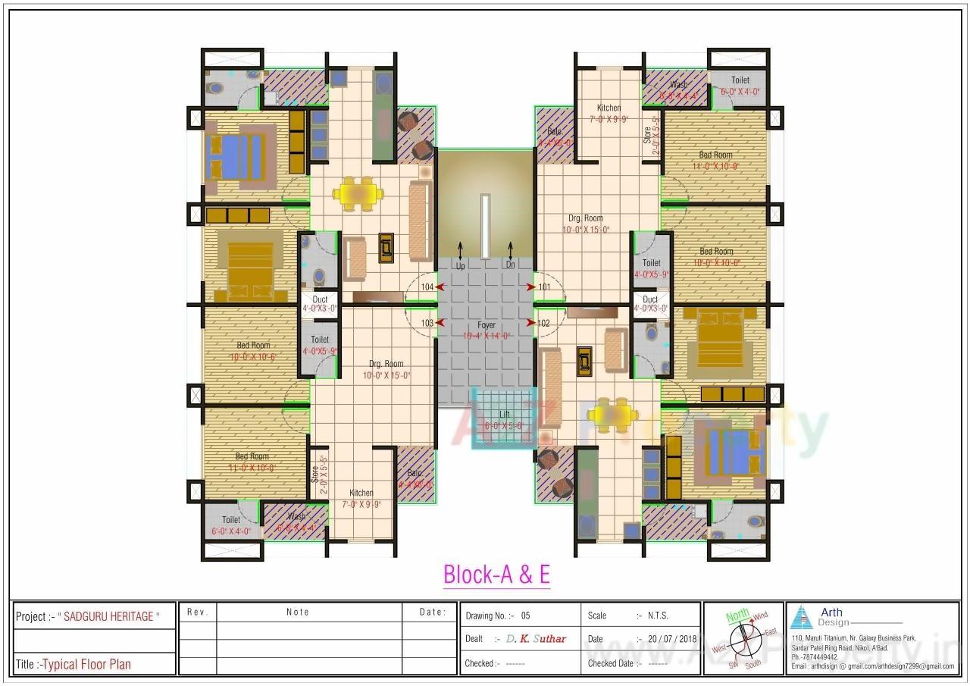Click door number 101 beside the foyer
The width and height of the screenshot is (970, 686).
coord(544,287)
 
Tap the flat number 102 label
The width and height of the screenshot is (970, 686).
coord(543,323)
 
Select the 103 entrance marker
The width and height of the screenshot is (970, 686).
coord(427,323)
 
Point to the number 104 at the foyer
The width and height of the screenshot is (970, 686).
coord(427,287)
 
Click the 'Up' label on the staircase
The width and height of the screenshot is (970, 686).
coord(460,266)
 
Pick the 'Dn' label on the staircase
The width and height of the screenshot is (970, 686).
coord(510,265)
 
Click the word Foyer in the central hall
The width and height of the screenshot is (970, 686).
coord(486,325)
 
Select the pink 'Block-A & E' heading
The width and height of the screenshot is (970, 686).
coord(496,575)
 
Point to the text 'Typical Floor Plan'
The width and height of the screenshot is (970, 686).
coord(86,664)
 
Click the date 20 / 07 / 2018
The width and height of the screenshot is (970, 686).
coord(671,639)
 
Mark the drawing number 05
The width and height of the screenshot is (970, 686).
coord(526,616)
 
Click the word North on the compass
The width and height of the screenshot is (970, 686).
coord(737,616)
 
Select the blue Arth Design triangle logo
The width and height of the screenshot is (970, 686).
coord(801,619)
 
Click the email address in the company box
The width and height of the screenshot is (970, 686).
coord(871,666)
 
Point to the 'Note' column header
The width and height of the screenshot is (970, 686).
coord(297,612)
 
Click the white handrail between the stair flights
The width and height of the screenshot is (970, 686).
coord(485,216)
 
